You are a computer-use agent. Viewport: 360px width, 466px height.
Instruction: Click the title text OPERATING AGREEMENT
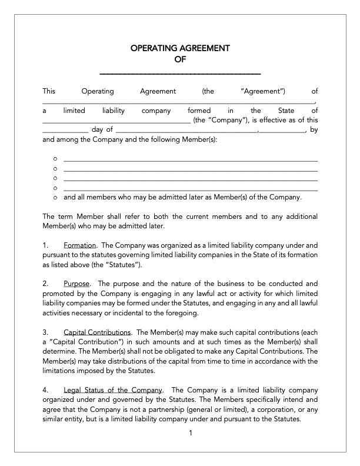[180, 48]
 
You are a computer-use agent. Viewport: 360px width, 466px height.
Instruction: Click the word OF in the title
[180, 59]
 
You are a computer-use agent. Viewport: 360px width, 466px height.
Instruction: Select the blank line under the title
[180, 74]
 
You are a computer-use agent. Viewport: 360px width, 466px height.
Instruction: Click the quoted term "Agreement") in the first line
[263, 91]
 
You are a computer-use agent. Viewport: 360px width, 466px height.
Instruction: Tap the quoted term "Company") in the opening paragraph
[222, 120]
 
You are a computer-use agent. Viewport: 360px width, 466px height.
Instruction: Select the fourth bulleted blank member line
[190, 189]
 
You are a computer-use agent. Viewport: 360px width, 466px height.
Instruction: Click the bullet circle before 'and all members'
[55, 198]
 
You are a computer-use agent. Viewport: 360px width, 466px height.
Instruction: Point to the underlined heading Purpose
[76, 283]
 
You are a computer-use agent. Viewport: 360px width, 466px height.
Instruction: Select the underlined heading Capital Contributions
[98, 332]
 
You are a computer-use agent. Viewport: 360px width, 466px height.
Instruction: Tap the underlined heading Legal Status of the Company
[113, 390]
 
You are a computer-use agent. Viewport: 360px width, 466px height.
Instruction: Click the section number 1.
[45, 244]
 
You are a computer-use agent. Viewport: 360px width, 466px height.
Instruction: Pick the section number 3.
[45, 332]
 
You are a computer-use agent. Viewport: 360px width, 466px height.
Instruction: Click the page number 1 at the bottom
[191, 434]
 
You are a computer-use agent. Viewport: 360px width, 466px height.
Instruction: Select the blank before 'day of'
[65, 131]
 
